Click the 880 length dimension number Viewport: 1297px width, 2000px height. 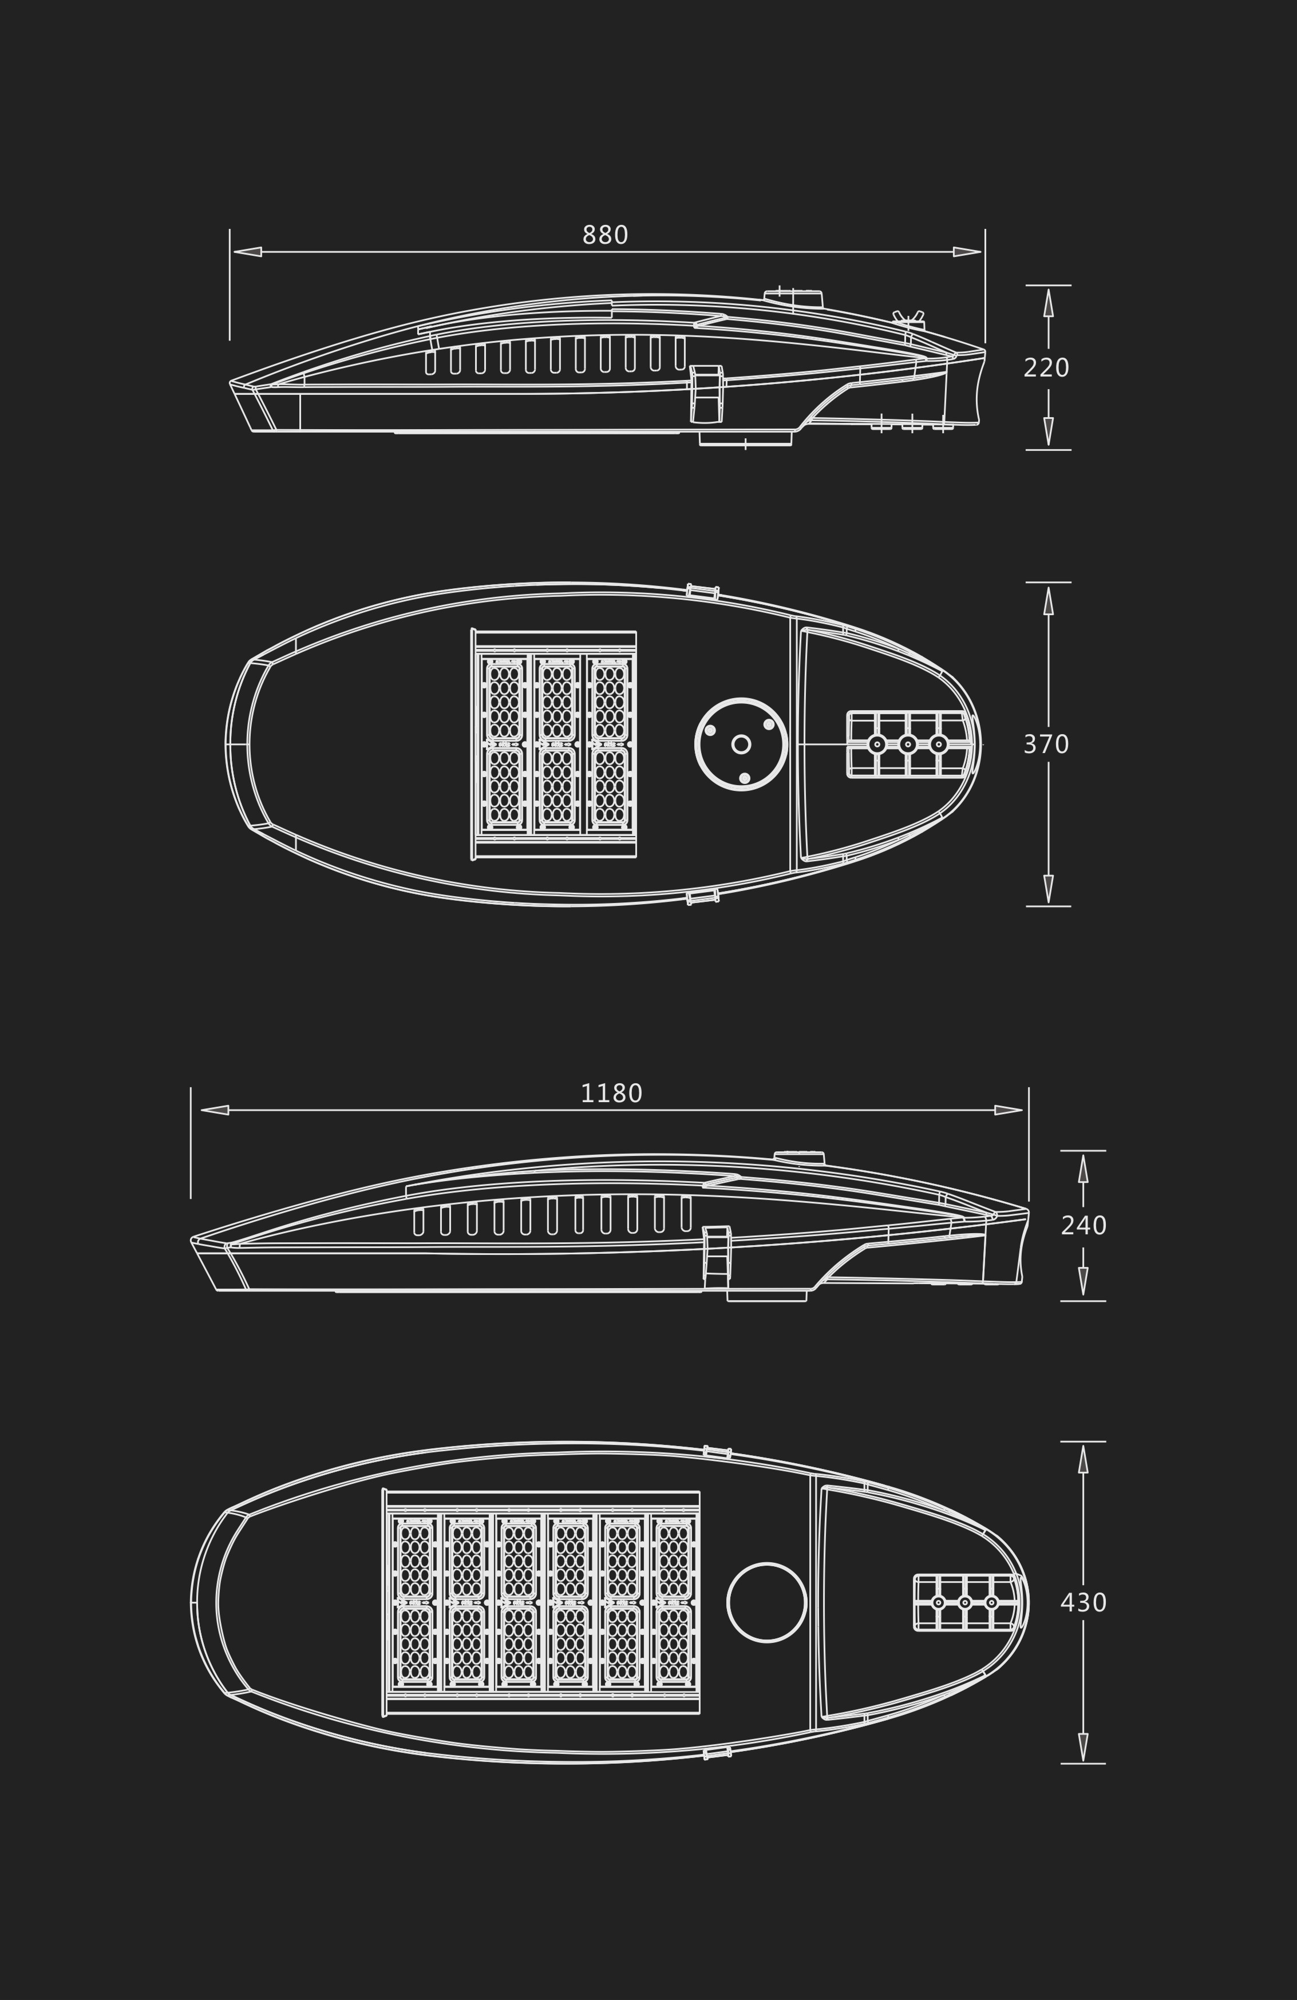coord(605,235)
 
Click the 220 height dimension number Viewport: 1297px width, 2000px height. coord(1046,368)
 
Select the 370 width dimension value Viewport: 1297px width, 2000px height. coord(1046,744)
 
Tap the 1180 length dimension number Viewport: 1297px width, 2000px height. coord(611,1094)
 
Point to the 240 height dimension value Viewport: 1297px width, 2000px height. coord(1084,1226)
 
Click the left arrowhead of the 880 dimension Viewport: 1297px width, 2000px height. coord(247,252)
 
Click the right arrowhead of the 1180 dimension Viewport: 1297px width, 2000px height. coord(1009,1110)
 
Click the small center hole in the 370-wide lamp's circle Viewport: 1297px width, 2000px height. coord(741,744)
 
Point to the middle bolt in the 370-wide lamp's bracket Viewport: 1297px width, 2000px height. coord(908,744)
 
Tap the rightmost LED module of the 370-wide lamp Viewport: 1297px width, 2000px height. coord(610,744)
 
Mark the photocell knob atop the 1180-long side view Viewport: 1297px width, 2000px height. coord(800,1157)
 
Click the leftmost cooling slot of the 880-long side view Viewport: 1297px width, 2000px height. coord(430,362)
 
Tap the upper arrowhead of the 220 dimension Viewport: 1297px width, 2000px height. coord(1048,303)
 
